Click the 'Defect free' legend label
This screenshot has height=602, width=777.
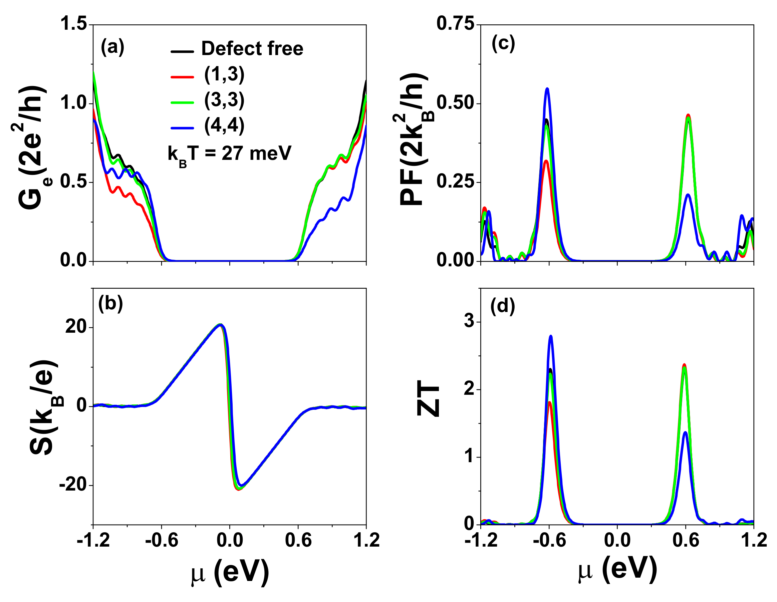tap(252, 48)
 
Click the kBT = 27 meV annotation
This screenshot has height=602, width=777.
tap(230, 154)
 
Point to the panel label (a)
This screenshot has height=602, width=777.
tap(112, 47)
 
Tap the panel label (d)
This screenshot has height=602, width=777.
tap(502, 306)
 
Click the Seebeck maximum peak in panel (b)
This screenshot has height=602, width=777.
tap(221, 324)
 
